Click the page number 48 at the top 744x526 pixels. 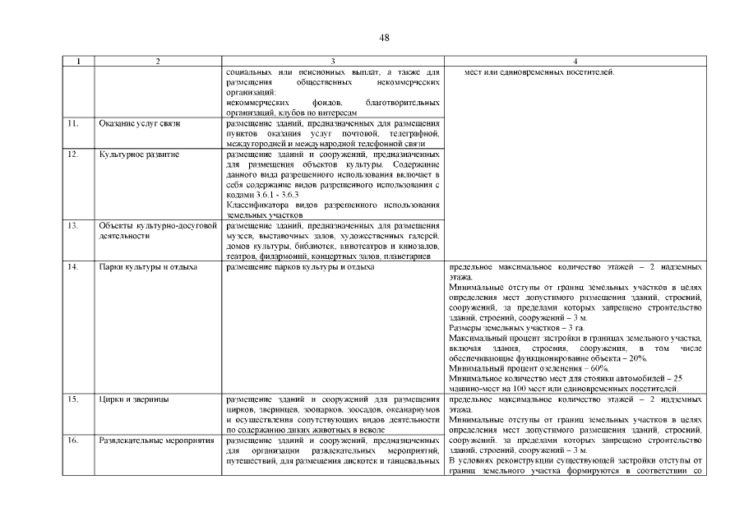click(385, 38)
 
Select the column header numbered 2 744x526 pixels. click(157, 62)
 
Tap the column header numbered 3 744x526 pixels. click(332, 62)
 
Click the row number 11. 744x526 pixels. click(72, 123)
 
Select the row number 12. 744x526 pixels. click(72, 154)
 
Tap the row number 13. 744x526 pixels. click(72, 225)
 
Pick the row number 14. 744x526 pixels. click(72, 267)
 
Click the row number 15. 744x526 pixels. click(72, 399)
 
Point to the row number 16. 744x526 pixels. click(72, 441)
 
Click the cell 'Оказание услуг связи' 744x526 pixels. click(139, 123)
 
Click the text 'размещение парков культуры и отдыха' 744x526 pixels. click(299, 267)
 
